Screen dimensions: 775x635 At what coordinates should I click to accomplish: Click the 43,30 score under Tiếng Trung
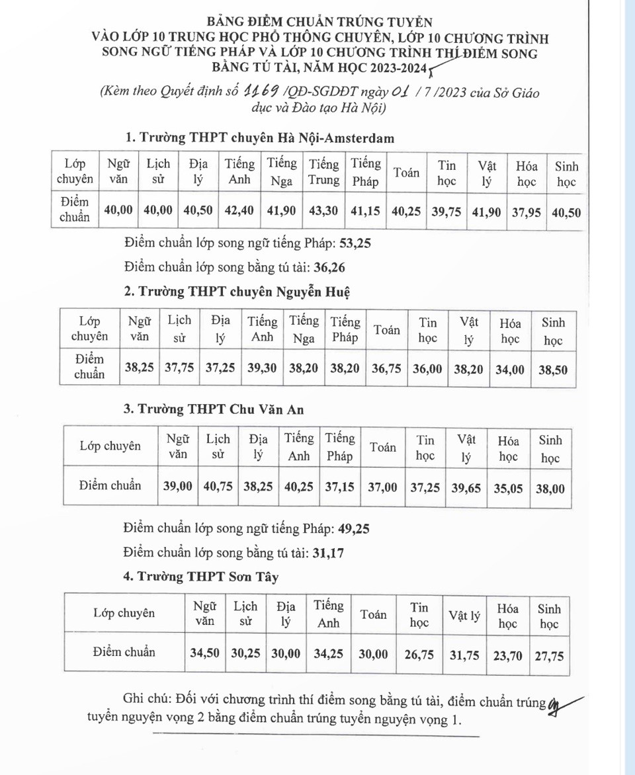coord(324,210)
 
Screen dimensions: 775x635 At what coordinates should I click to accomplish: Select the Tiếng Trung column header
coord(324,171)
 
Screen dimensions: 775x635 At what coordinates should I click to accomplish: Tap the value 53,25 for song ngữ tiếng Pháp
coord(355,243)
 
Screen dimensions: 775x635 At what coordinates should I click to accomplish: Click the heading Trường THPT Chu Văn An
coord(214,409)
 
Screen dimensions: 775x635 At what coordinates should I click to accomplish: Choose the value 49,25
coord(355,528)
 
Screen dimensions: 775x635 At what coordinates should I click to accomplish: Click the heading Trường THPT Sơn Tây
coord(201,577)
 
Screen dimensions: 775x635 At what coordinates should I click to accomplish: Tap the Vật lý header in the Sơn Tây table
coord(464,615)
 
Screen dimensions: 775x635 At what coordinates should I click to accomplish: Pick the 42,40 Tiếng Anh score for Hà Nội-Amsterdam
coord(239,210)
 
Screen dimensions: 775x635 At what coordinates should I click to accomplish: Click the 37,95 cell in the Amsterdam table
coord(527,210)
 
